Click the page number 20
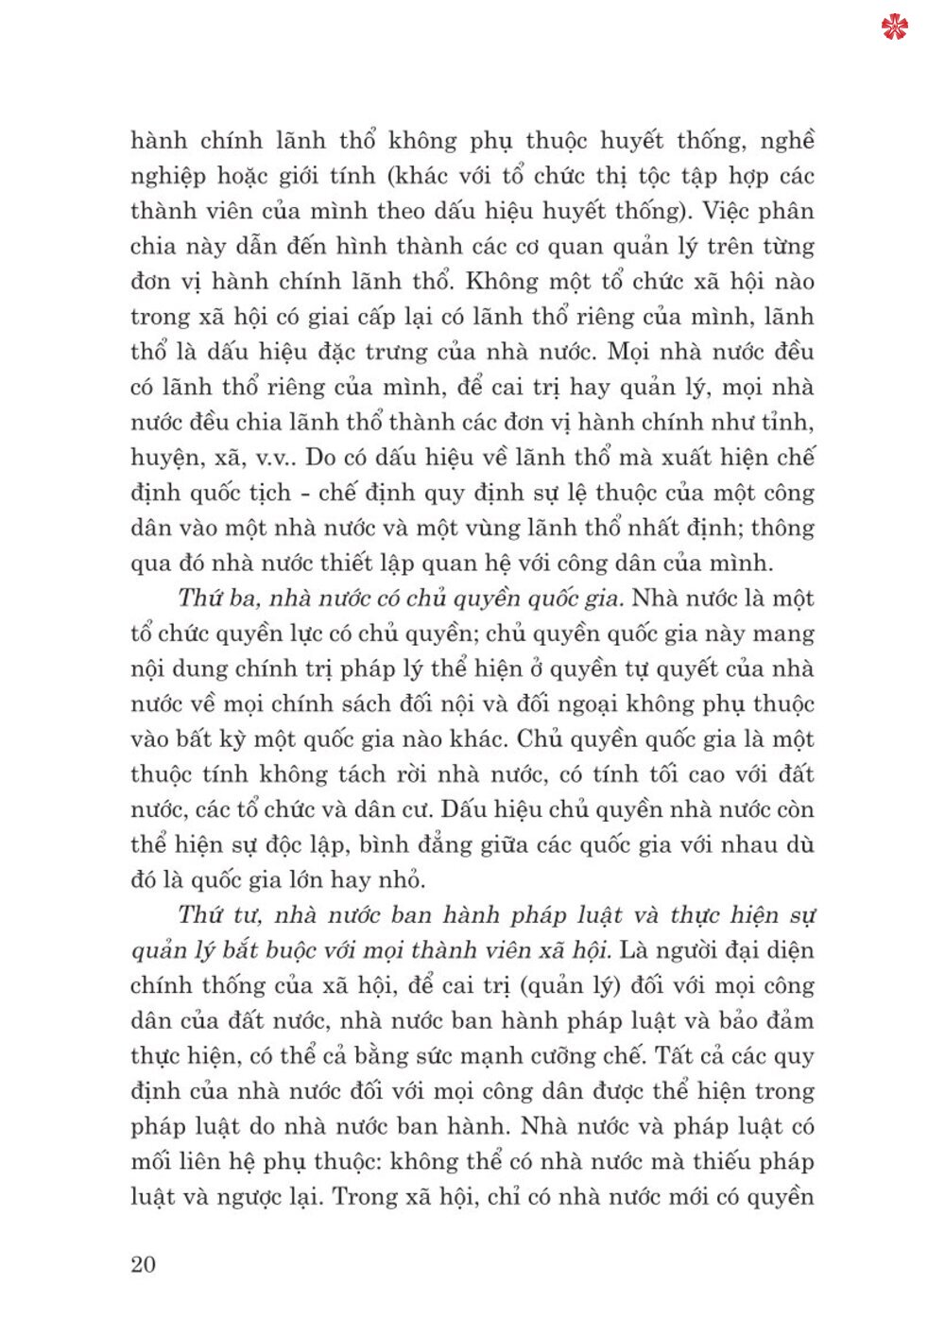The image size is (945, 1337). tap(143, 1264)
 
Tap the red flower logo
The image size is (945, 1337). tap(894, 27)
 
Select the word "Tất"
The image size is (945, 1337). tap(676, 1055)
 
